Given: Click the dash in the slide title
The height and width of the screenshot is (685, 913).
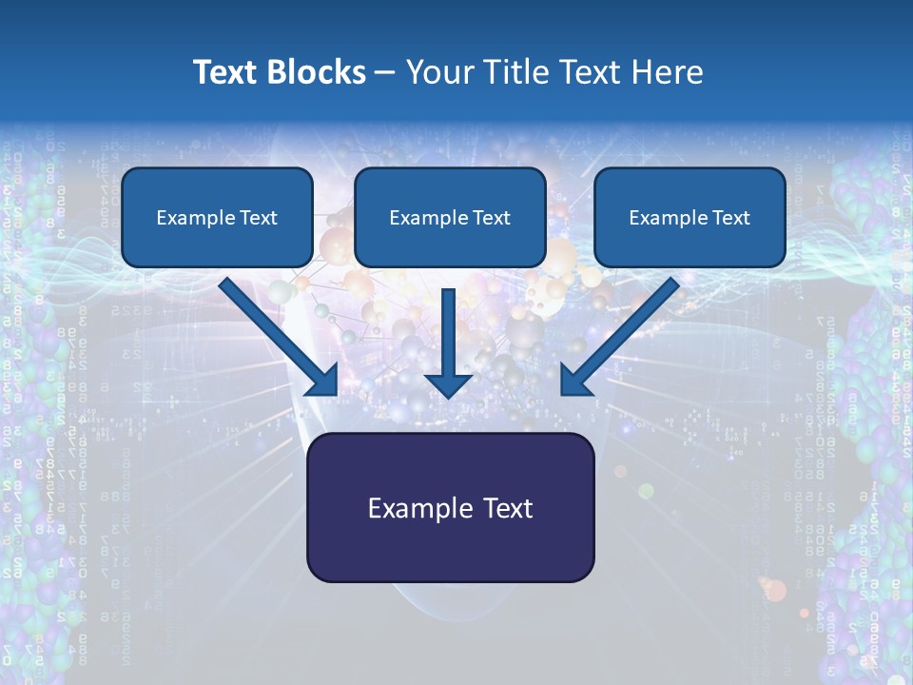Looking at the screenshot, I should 385,73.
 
